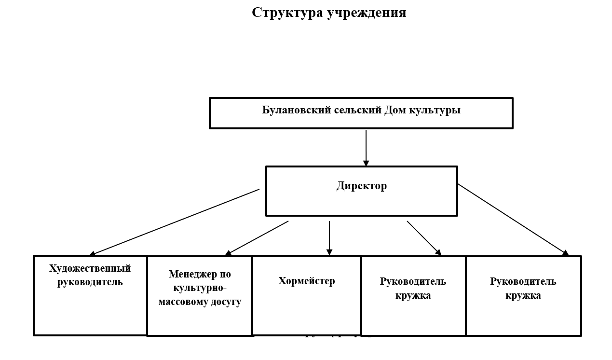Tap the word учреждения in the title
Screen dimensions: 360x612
click(367, 13)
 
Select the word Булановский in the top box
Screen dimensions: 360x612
click(297, 110)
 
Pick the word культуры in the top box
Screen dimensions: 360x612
click(435, 110)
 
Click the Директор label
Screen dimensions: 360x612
click(361, 186)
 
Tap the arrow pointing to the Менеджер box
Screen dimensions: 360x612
click(257, 238)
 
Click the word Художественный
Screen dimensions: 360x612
click(90, 268)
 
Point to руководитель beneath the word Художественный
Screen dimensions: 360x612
click(90, 282)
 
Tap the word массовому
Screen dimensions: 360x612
click(183, 302)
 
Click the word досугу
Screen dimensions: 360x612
click(226, 302)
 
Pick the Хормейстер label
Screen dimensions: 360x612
click(306, 281)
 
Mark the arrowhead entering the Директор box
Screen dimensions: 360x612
click(366, 164)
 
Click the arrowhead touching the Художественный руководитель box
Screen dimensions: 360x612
click(92, 254)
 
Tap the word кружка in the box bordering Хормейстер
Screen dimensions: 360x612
click(413, 295)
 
